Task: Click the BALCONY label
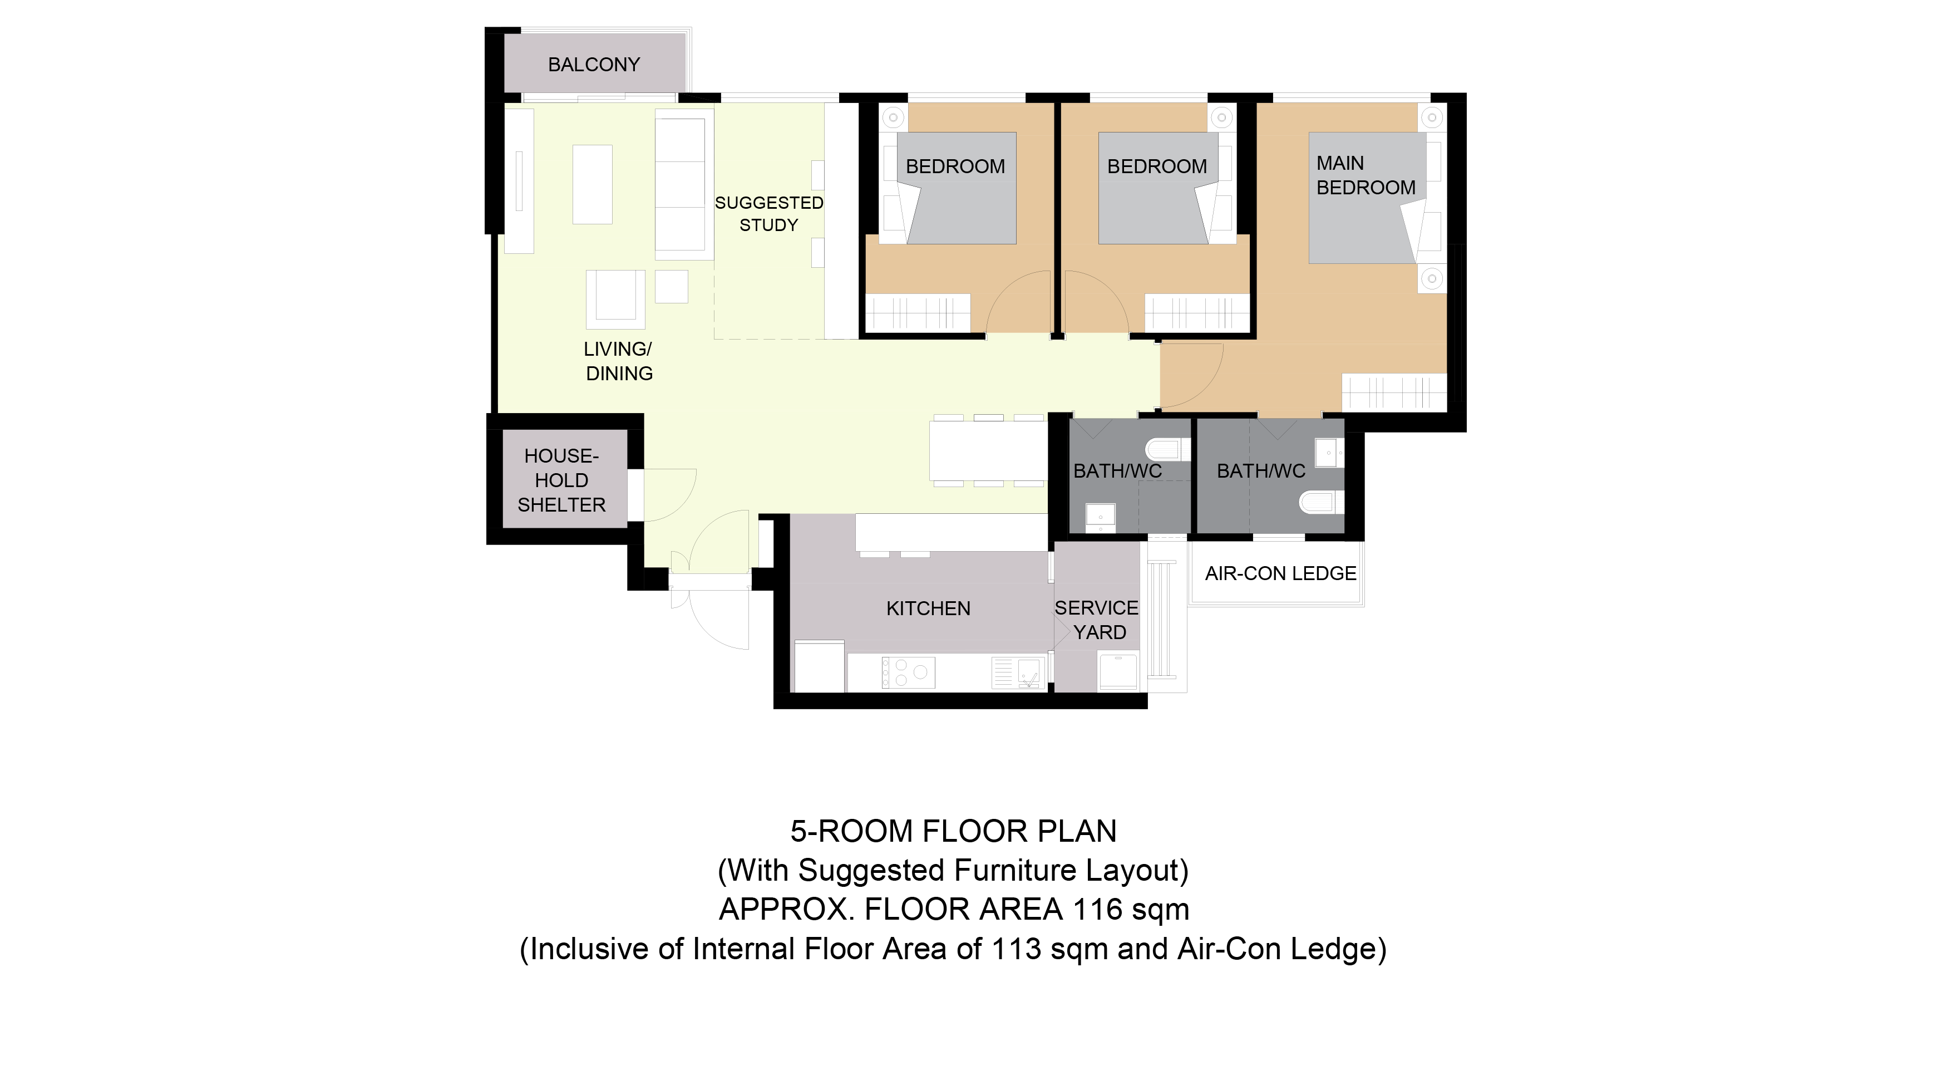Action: point(594,65)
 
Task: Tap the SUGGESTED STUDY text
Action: point(768,214)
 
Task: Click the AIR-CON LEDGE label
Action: point(1280,574)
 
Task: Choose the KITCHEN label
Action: point(928,608)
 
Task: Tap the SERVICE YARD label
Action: point(1097,620)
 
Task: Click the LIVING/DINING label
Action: point(618,361)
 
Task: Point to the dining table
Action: point(988,451)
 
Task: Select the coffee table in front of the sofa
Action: point(593,184)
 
